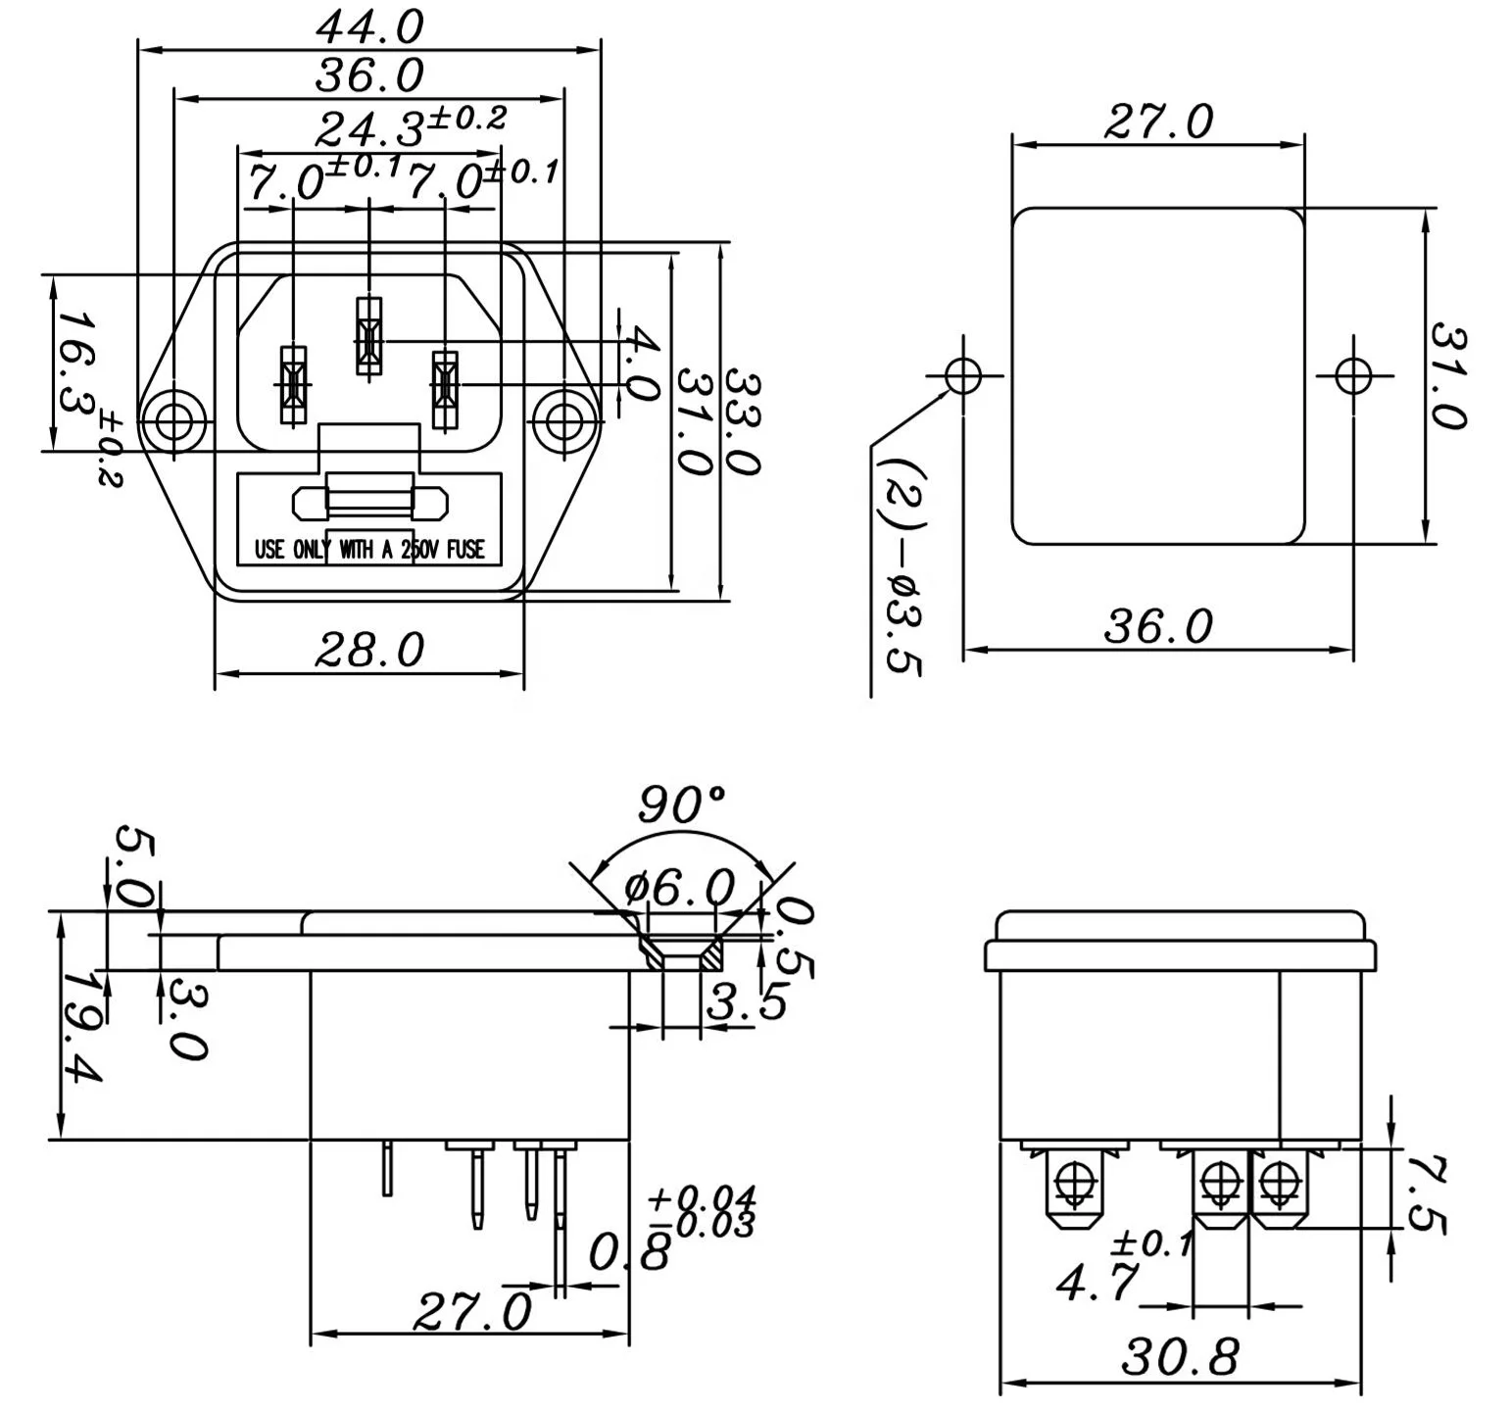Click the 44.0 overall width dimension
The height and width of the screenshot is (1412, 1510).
(x=368, y=26)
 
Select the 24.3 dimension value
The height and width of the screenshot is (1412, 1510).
(x=368, y=127)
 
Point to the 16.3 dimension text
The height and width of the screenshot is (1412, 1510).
(x=73, y=363)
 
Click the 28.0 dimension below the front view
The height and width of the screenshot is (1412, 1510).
(x=368, y=650)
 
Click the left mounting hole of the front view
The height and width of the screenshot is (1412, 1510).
(x=173, y=422)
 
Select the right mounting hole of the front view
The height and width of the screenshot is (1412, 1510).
(x=563, y=422)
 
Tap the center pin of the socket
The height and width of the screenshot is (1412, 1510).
(x=368, y=336)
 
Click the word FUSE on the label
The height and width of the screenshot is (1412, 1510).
(x=466, y=550)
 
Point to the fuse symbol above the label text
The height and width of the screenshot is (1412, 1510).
(x=369, y=503)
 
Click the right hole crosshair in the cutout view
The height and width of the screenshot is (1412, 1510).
(x=1352, y=374)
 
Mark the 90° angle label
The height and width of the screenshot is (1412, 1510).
(x=682, y=805)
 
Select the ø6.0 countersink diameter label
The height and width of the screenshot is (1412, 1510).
(x=679, y=888)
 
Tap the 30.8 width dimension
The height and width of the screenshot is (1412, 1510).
(x=1180, y=1357)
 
